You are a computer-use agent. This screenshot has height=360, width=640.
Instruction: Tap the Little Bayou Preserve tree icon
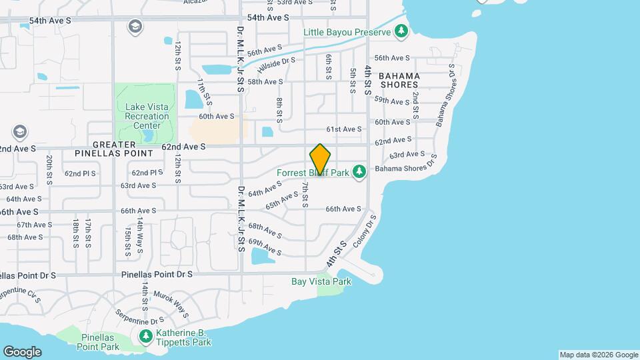click(401, 31)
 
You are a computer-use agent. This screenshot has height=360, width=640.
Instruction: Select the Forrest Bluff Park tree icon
click(359, 173)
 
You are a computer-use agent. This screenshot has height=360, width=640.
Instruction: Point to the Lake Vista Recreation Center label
click(143, 116)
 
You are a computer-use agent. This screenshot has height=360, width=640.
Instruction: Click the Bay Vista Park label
click(321, 281)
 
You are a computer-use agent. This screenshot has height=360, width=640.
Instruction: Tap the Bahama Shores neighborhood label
click(399, 80)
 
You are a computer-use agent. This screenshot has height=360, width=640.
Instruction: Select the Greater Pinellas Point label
click(123, 149)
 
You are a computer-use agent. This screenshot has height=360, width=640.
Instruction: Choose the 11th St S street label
click(204, 92)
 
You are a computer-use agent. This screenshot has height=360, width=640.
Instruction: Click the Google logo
click(22, 352)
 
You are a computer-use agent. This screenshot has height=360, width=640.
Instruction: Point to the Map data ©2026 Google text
click(598, 355)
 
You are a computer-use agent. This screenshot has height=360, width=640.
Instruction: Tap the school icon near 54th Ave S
click(135, 27)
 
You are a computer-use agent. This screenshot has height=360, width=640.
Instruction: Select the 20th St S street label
click(50, 169)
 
